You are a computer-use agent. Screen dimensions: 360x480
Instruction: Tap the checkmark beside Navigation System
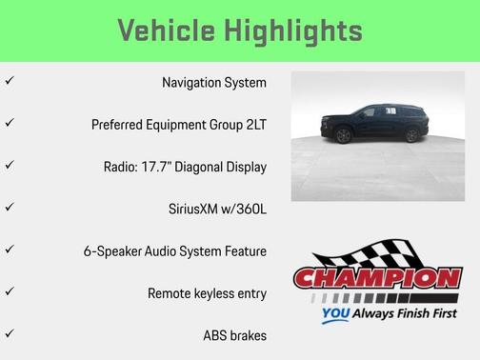tap(10, 82)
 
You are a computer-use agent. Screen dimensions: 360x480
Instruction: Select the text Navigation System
tap(214, 83)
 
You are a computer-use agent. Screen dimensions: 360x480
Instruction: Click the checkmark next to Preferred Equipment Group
tap(10, 124)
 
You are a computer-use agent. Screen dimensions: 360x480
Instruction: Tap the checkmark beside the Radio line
tap(10, 166)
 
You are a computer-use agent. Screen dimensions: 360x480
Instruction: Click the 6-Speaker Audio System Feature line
tap(175, 250)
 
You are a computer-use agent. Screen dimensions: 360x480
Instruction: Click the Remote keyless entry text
tap(208, 292)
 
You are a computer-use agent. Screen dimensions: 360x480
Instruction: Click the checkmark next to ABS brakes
tap(10, 333)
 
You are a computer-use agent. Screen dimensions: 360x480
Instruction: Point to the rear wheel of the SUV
tap(410, 136)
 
